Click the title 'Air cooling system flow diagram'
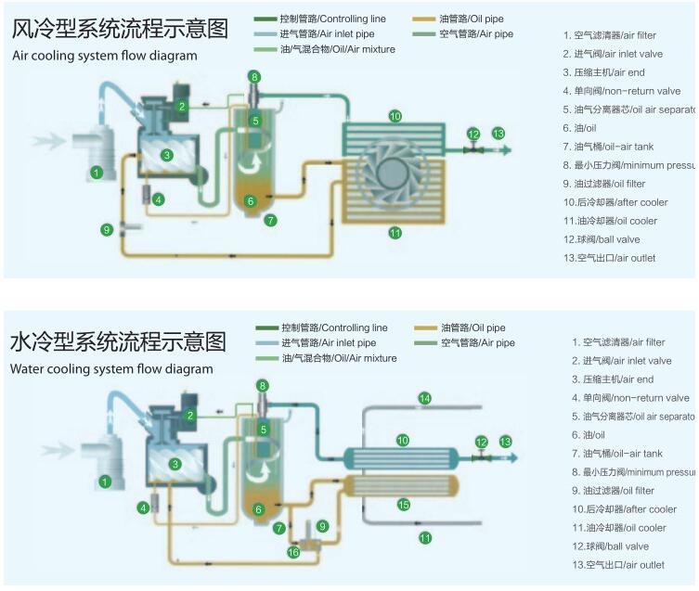104,56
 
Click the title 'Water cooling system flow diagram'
111,368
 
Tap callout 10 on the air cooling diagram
395,116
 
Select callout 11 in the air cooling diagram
395,233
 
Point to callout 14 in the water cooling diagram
424,398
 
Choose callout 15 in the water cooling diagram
403,505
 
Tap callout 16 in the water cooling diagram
293,552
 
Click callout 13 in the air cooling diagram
498,134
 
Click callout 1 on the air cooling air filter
96,173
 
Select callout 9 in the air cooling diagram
107,228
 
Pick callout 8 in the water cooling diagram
263,385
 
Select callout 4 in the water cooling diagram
143,507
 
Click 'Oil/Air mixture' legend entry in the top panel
338,48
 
